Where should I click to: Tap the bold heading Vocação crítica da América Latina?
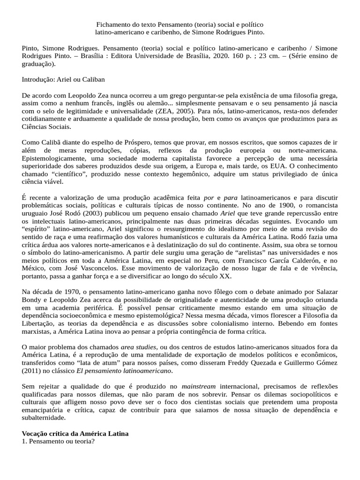[x=75, y=434]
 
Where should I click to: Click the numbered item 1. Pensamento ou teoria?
[x=59, y=442]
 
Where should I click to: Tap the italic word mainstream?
[x=198, y=386]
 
